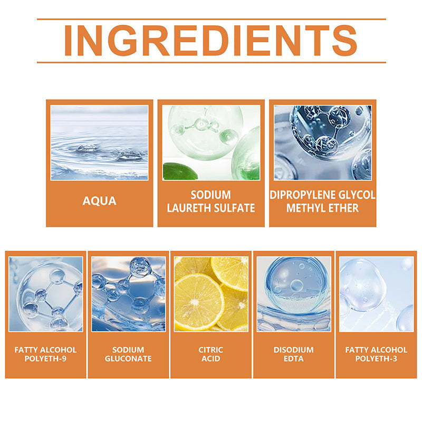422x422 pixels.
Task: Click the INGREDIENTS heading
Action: (210, 41)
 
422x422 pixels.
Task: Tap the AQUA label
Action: (99, 201)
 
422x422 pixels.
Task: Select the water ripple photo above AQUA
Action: (99, 142)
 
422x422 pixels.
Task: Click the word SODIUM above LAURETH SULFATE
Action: (210, 195)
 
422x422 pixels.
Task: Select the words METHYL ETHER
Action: (322, 208)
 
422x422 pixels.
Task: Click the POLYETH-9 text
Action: (45, 359)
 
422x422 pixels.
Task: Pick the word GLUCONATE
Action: (128, 359)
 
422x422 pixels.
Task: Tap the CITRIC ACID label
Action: (210, 354)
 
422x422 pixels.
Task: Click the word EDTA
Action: (294, 359)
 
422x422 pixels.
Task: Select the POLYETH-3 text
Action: (376, 359)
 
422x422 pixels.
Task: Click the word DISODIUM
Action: (294, 350)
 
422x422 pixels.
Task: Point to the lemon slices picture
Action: (211, 294)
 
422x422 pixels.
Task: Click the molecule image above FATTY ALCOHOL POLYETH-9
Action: (46, 294)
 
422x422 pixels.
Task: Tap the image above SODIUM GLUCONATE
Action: (128, 294)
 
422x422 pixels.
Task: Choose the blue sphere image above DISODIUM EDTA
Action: (294, 294)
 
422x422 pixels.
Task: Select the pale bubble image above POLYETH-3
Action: (376, 294)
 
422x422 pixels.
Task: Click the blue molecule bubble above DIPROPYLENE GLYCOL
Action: (323, 142)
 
